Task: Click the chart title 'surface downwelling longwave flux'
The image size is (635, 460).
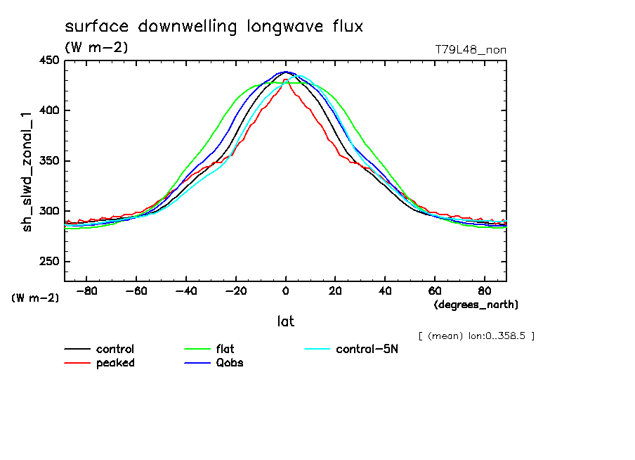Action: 214,27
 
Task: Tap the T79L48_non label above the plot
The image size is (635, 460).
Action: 471,49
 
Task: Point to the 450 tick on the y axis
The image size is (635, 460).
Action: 48,60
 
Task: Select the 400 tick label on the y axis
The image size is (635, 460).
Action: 48,110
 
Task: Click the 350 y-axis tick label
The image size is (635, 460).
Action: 48,161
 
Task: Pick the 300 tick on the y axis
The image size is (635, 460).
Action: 48,211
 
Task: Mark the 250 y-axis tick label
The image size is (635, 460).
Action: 48,262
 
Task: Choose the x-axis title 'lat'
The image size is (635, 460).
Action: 285,321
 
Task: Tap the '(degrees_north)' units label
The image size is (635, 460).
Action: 476,305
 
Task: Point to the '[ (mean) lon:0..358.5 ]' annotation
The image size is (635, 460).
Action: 476,336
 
